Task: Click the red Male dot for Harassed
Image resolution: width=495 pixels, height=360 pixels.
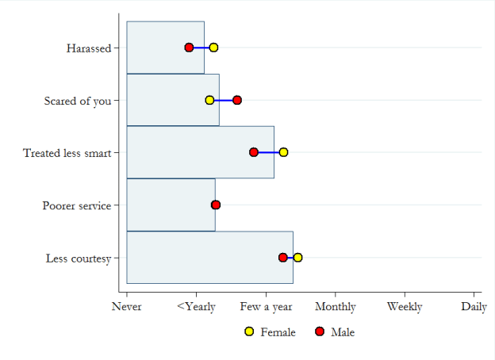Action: (189, 48)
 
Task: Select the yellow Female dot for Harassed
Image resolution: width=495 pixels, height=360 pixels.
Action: (213, 48)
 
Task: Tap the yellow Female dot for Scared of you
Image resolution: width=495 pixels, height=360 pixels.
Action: (209, 100)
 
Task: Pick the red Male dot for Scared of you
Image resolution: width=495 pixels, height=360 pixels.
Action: (237, 100)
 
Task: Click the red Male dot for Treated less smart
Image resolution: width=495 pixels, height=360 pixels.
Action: (254, 152)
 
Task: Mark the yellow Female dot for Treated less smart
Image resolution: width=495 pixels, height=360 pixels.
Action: (283, 152)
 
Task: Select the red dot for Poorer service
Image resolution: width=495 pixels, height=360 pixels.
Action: (216, 205)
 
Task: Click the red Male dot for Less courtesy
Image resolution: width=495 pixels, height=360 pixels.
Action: (282, 257)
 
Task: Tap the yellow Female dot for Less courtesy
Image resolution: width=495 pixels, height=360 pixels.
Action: (297, 257)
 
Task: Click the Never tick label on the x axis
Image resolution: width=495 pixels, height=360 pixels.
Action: (127, 307)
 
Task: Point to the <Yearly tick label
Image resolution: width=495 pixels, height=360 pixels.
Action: (196, 307)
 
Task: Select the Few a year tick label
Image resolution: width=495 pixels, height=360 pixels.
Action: (266, 307)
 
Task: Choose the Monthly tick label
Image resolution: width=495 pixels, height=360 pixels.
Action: (335, 307)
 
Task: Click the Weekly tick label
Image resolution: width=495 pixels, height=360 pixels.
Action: (405, 307)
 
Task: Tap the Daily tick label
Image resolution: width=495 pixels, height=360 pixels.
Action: (474, 307)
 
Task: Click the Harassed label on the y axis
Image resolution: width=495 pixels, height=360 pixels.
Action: (90, 48)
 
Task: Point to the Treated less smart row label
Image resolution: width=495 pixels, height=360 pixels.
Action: (67, 153)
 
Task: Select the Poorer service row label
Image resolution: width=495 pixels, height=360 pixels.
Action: (77, 205)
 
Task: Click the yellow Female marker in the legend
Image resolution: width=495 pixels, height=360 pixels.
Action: (249, 331)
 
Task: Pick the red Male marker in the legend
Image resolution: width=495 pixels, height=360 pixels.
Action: (320, 331)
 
